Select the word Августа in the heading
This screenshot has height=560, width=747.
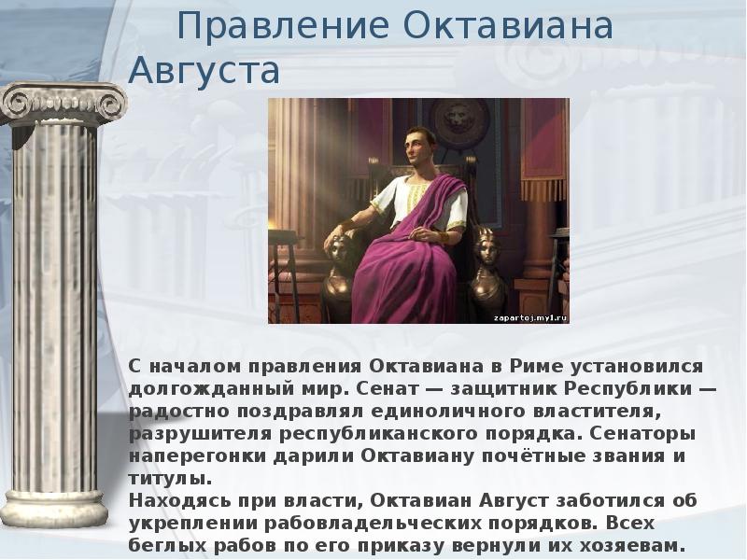204,71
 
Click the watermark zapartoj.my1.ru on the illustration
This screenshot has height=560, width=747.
529,316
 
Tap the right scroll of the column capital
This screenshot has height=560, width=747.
111,102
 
